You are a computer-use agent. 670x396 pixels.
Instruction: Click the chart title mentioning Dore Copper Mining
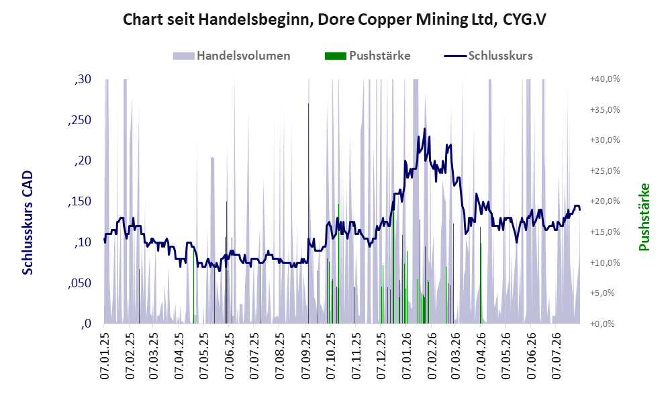click(334, 19)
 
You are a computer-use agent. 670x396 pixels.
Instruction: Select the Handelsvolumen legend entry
click(232, 56)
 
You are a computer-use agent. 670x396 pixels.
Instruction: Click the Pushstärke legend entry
click(367, 56)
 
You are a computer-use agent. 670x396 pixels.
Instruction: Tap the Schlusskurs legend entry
click(488, 56)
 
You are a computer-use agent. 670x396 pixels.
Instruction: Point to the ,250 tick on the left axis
click(79, 120)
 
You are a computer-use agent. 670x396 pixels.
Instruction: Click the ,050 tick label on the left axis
click(79, 283)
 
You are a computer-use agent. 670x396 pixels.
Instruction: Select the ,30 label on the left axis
click(83, 79)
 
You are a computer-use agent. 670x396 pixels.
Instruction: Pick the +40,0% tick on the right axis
click(605, 79)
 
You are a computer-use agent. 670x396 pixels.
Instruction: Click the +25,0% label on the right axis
click(605, 171)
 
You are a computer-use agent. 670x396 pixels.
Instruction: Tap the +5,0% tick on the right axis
click(602, 293)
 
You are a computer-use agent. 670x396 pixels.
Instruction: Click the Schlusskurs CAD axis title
click(28, 223)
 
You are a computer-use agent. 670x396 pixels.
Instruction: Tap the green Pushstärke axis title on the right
click(644, 217)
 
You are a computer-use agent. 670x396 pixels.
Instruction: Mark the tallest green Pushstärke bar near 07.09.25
click(309, 213)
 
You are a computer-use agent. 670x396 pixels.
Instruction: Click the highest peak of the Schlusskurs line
click(425, 129)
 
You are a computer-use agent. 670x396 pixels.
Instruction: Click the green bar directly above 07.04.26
click(480, 275)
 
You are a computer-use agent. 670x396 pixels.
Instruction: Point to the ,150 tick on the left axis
click(79, 201)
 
